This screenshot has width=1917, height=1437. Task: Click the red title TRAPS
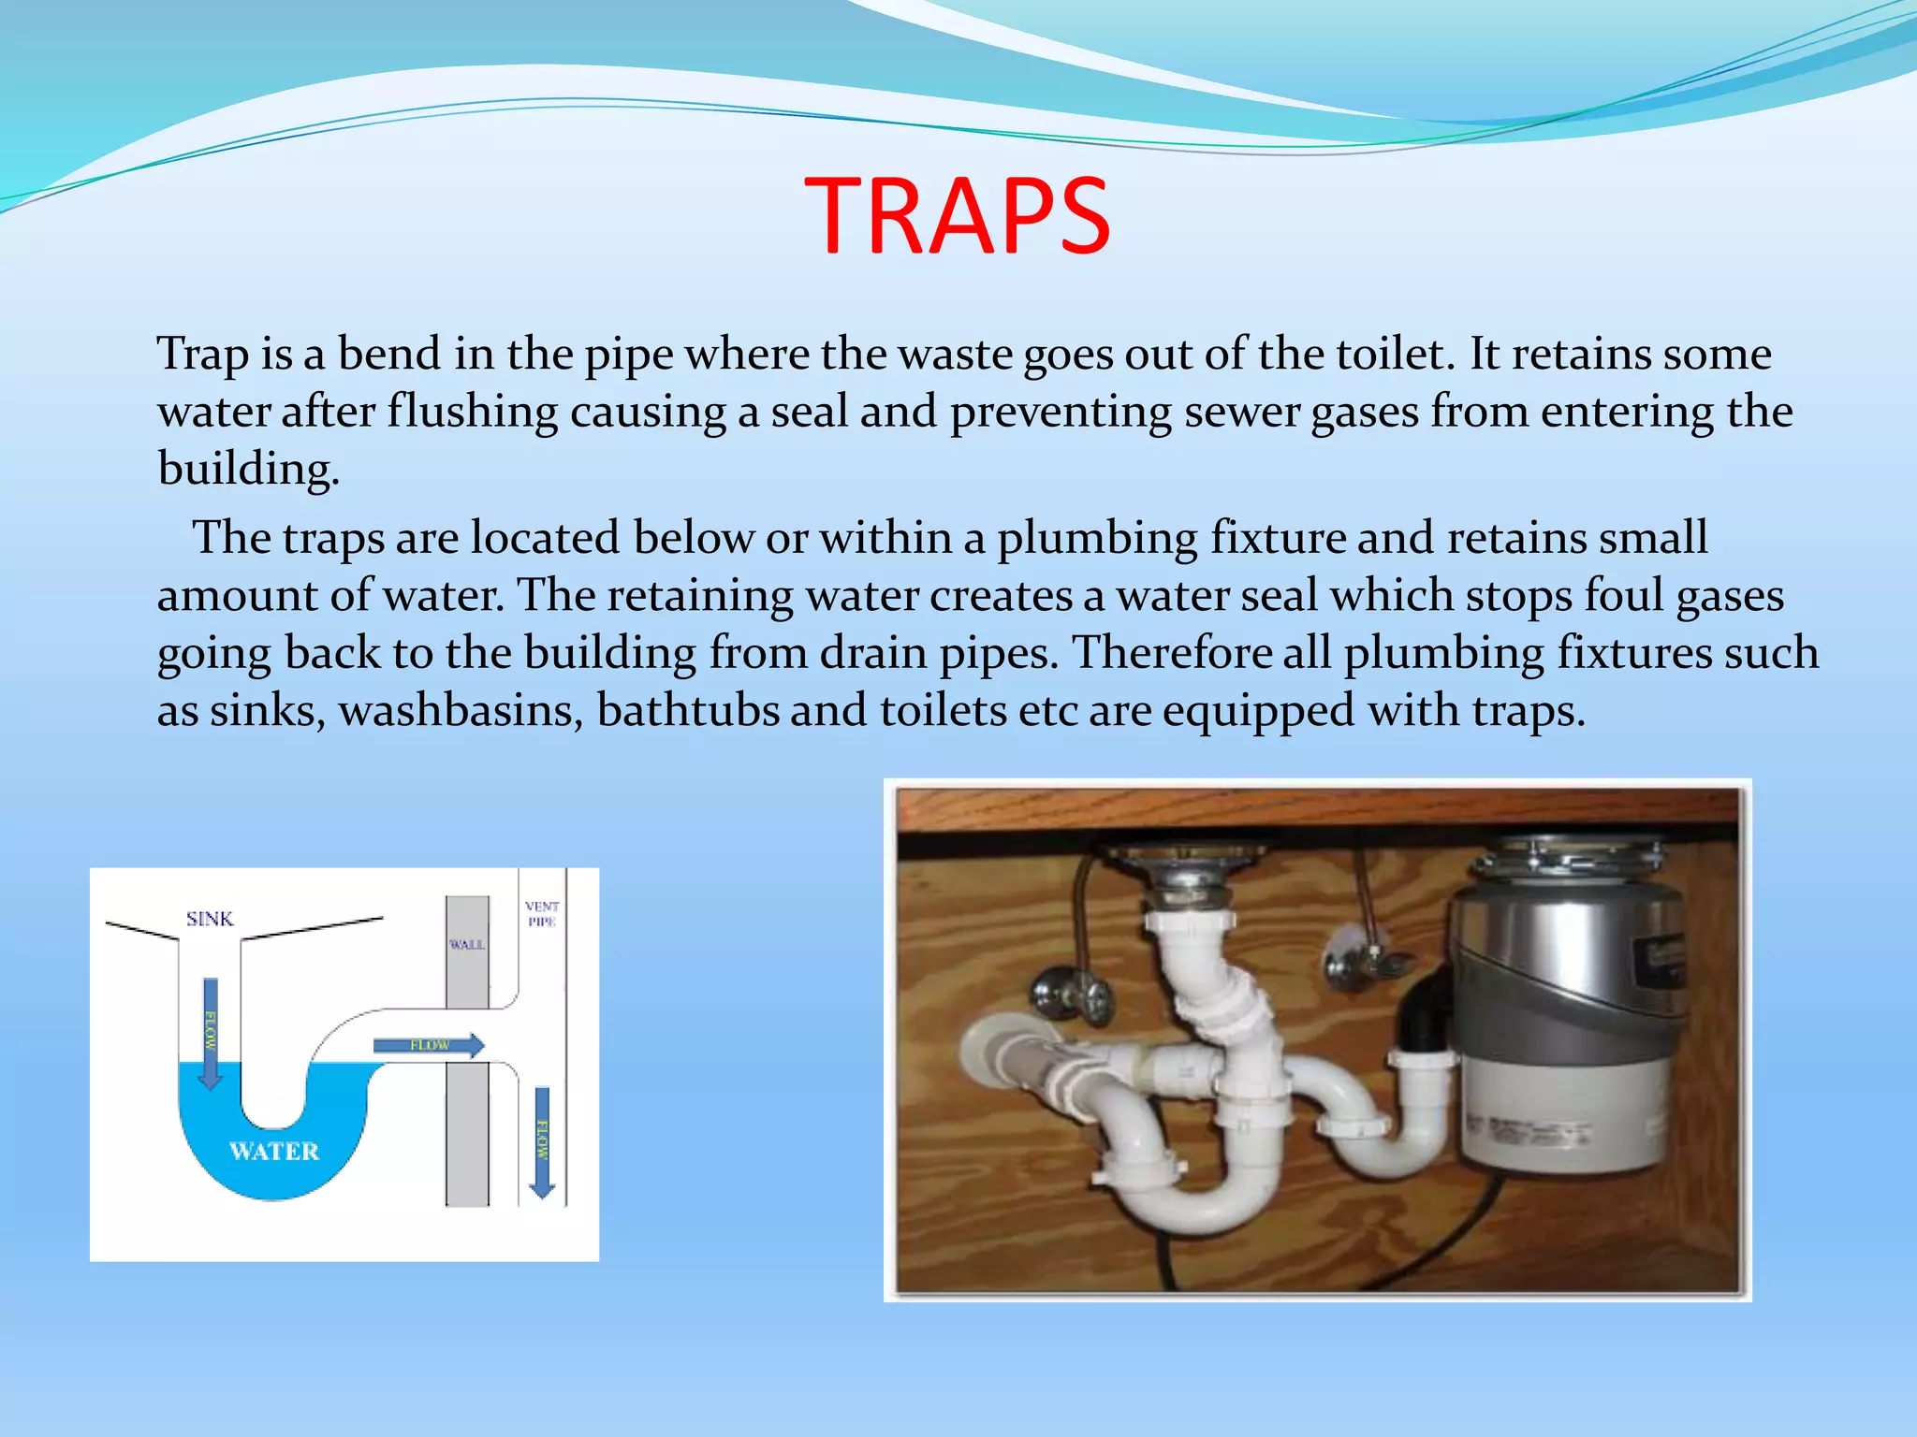tap(957, 216)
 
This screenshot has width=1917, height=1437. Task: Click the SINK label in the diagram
tap(210, 919)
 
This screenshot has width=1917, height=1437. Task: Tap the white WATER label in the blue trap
tap(274, 1151)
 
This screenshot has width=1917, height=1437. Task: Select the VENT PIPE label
tap(542, 914)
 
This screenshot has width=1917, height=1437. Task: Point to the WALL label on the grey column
tap(466, 945)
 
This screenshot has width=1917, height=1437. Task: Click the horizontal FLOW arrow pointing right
tap(429, 1045)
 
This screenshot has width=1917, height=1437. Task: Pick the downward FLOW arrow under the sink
tap(211, 1034)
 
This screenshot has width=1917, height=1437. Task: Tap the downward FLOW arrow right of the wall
tap(542, 1141)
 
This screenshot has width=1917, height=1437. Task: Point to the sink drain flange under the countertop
tap(1187, 859)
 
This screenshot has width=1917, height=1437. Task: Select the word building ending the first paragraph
tap(247, 469)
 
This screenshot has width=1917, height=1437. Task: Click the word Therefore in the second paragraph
tap(1170, 653)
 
